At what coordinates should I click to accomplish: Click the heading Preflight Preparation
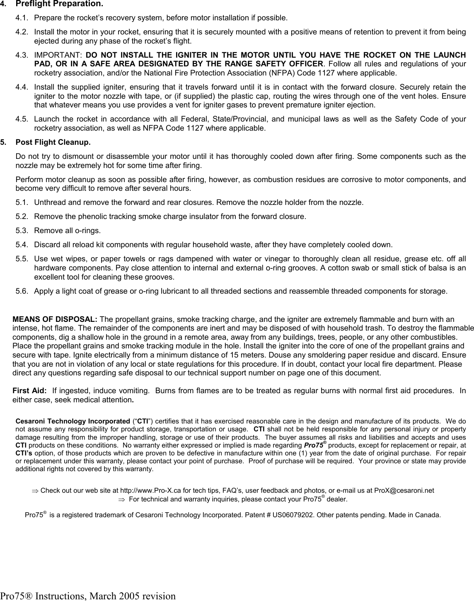coord(59,5)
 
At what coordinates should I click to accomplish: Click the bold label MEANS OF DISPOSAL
coord(55,320)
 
